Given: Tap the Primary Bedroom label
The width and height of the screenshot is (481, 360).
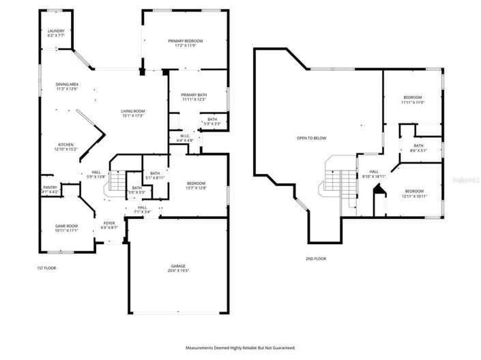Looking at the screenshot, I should pos(186,42).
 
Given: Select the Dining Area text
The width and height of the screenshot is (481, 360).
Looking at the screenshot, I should pos(67,84).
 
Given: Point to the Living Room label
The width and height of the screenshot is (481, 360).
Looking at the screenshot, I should pos(133,111).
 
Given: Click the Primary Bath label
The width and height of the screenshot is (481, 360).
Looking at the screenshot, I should pos(194,95).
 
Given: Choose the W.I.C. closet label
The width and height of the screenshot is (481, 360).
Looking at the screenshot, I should pos(184,136).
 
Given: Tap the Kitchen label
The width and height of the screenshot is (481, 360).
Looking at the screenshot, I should pos(65,145).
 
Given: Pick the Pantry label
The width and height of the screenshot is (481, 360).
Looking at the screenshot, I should pos(50,187).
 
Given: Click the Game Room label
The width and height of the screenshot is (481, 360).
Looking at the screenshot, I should pos(66,226).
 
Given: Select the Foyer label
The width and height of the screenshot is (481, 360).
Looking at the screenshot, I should pos(109,223).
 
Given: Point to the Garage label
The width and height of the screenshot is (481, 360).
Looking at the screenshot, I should pos(179,266).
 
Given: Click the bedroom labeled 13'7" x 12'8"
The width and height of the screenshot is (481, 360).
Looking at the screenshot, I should pos(196,183).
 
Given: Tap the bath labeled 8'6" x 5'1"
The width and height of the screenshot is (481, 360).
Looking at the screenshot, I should pos(418,145).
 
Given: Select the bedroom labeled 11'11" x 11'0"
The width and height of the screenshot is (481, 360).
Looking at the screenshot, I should pos(413,97).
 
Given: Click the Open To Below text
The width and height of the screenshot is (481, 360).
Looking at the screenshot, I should pos(311,138).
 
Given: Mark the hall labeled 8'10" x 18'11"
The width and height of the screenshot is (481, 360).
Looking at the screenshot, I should pos(374,172).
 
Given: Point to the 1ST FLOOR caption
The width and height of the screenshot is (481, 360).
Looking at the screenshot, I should pos(46,268).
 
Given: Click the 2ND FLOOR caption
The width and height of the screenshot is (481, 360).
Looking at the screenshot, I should pos(316,258).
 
